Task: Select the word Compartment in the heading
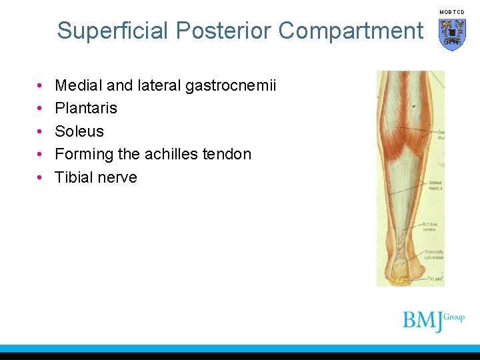pos(351,31)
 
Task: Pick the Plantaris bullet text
pos(86,108)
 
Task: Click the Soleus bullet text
pos(79,131)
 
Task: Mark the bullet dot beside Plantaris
pos(41,108)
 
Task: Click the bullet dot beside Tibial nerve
pos(41,177)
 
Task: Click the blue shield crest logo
pos(452,34)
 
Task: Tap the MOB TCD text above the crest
pos(452,11)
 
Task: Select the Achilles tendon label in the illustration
pos(431,227)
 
